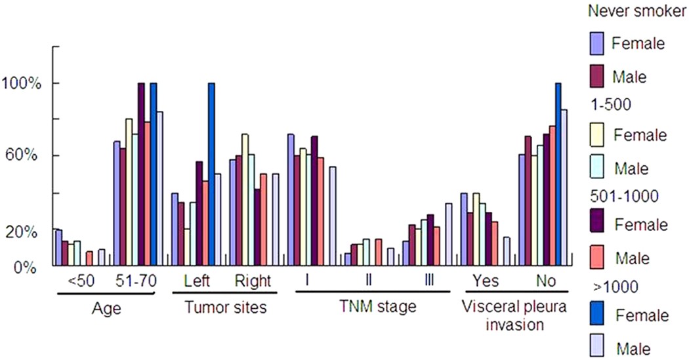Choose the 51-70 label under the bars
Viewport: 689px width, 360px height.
pyautogui.click(x=135, y=281)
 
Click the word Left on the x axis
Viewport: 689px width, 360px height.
pyautogui.click(x=197, y=281)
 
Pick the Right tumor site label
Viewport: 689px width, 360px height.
pyautogui.click(x=253, y=281)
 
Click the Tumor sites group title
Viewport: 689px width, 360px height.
pyautogui.click(x=224, y=307)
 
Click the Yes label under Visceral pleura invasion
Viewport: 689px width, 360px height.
pyautogui.click(x=486, y=281)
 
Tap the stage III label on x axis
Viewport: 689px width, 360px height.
pyautogui.click(x=429, y=281)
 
